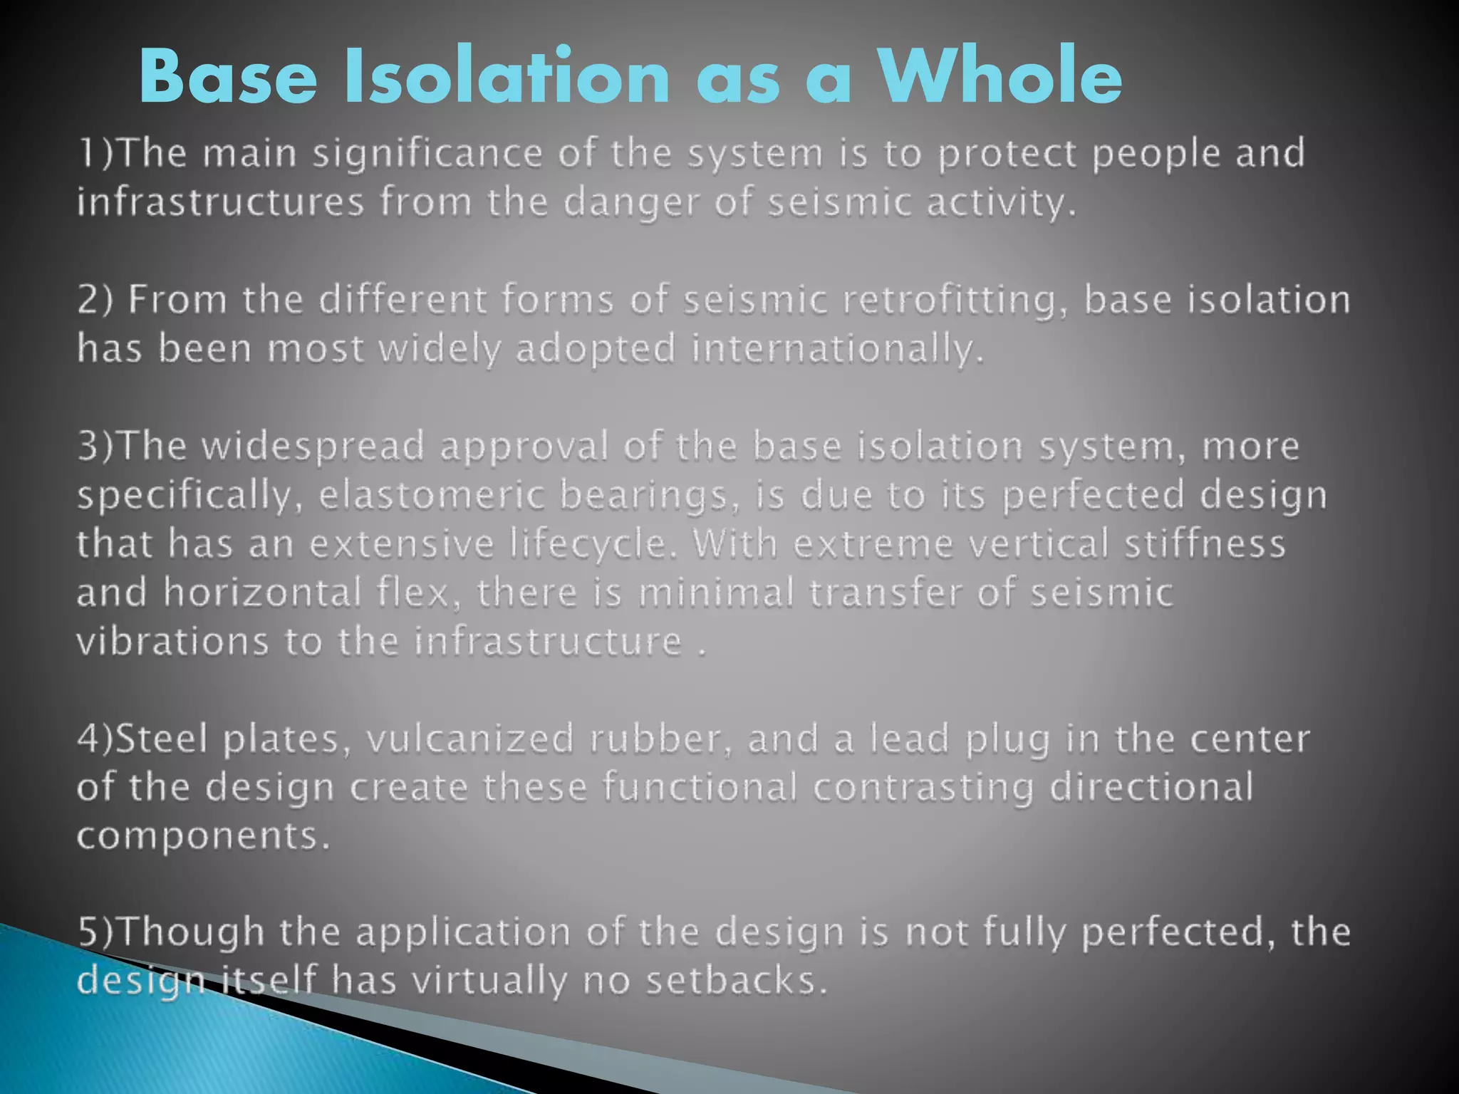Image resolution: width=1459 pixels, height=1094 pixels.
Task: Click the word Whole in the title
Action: (x=1000, y=77)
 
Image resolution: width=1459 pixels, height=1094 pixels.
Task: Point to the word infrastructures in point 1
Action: (x=221, y=202)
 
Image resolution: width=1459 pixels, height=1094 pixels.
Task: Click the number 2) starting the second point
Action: (x=95, y=300)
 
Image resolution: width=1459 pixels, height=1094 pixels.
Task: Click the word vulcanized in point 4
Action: (x=470, y=739)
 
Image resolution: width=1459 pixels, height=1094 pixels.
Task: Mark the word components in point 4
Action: (x=202, y=837)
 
